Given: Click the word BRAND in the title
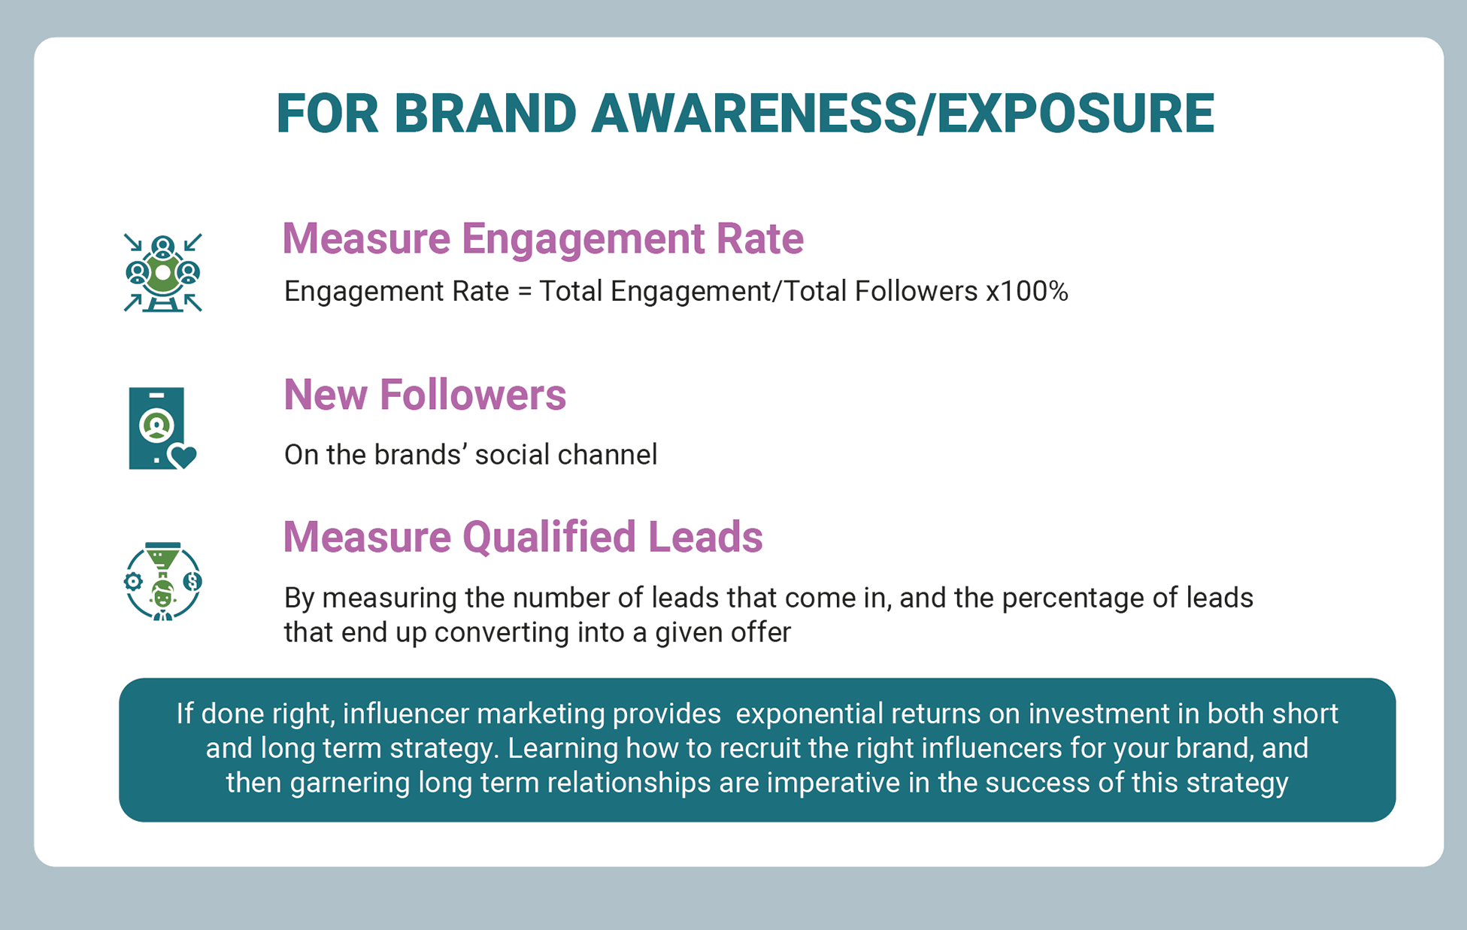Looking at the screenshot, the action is tap(486, 114).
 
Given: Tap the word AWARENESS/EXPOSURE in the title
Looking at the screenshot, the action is tap(902, 114).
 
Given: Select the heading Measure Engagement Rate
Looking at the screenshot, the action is tap(543, 238).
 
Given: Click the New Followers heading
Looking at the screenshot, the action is tap(425, 395).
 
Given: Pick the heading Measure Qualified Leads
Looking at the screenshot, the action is tap(523, 537).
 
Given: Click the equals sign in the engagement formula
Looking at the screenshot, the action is tap(524, 292).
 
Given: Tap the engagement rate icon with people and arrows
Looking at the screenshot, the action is tap(163, 272).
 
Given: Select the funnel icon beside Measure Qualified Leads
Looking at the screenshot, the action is tap(162, 581).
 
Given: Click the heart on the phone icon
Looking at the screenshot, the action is tap(183, 456).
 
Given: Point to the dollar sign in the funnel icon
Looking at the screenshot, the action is tap(192, 581).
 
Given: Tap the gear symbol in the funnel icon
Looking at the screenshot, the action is tap(133, 581).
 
